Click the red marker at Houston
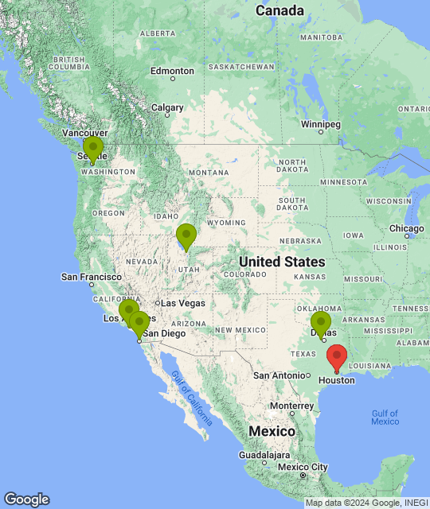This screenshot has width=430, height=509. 337,356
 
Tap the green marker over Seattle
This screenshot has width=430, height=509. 93,148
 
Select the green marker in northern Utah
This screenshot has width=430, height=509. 186,235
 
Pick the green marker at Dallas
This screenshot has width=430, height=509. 321,323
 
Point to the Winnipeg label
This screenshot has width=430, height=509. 321,124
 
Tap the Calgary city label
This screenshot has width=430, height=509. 167,107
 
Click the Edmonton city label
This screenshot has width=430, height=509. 172,71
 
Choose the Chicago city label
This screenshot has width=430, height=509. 407,229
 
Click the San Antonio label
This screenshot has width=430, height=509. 279,375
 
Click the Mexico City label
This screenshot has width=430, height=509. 303,466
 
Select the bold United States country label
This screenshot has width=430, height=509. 282,262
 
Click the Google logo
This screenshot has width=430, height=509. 26,499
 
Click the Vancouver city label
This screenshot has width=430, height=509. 85,133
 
